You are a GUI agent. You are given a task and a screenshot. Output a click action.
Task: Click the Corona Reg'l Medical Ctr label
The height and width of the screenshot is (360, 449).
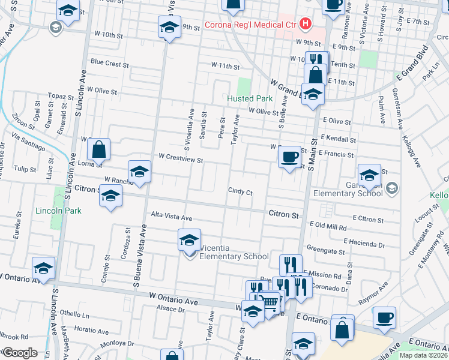point(251,25)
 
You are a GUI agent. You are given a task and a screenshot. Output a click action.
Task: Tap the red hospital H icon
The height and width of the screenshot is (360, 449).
point(306,24)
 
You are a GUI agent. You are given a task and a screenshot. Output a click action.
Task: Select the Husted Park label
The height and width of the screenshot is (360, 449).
point(250,98)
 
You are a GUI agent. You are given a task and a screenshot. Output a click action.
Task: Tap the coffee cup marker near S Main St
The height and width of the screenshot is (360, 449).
point(291,157)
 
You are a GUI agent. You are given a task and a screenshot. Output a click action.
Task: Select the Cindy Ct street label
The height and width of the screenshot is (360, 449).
point(240,192)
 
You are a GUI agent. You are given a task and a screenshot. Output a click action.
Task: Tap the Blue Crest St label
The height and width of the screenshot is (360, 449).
point(109,64)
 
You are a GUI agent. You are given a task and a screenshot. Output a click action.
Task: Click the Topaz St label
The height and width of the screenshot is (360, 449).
point(61,96)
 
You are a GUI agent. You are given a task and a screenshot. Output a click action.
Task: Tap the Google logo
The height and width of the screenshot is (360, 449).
point(20,353)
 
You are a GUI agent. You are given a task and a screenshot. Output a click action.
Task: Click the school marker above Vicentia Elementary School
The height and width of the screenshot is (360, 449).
point(189,241)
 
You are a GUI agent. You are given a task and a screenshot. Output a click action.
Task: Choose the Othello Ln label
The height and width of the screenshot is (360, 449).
point(73,314)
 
